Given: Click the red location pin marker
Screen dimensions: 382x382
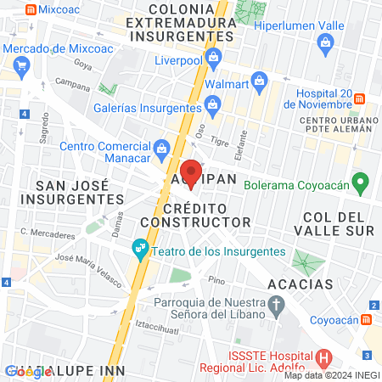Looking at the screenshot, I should [x=192, y=171].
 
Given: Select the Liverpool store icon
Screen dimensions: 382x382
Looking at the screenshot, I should [x=213, y=59].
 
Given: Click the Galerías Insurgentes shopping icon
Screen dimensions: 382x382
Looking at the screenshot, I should [x=211, y=105].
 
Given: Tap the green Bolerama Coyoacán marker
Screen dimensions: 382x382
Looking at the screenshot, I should [x=360, y=182].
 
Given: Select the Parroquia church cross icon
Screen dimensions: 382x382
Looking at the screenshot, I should [x=276, y=303].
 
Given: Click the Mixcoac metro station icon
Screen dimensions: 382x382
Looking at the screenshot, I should [x=31, y=10].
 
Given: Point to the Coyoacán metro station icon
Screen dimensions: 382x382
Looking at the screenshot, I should [x=368, y=319].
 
